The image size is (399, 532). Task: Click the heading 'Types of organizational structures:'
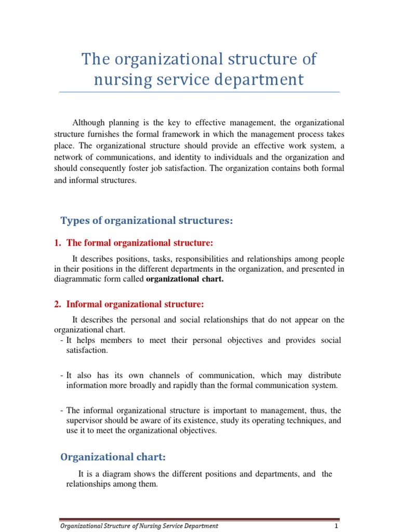pyautogui.click(x=147, y=221)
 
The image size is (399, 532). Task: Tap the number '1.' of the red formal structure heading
pyautogui.click(x=58, y=243)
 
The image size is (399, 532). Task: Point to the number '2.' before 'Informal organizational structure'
pyautogui.click(x=58, y=303)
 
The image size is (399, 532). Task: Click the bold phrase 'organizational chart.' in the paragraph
pyautogui.click(x=185, y=279)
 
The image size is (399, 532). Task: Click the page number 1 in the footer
pyautogui.click(x=336, y=526)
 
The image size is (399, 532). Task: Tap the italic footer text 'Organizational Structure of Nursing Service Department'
pyautogui.click(x=139, y=526)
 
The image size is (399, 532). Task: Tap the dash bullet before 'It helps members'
pyautogui.click(x=62, y=340)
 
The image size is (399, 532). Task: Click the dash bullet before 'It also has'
pyautogui.click(x=62, y=375)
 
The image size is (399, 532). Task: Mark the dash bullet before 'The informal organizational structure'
pyautogui.click(x=62, y=410)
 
